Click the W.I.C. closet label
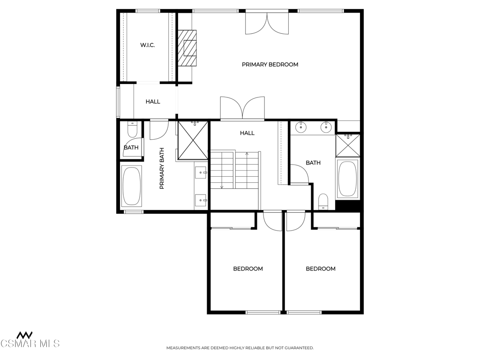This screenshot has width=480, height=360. point(147,45)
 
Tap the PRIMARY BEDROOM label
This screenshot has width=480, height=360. point(270,65)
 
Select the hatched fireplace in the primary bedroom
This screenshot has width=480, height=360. point(187,48)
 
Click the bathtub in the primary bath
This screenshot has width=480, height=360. point(132,186)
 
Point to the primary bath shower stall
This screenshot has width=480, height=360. point(193,141)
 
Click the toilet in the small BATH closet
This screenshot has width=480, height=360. point(132,130)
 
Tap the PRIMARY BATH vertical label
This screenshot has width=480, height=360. point(162,168)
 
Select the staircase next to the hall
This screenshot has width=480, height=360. point(235,170)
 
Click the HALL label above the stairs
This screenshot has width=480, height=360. point(247,133)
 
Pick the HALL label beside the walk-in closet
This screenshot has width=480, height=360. point(153,102)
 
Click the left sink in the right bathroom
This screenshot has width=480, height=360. point(301,127)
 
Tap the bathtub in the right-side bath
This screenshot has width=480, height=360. point(348,179)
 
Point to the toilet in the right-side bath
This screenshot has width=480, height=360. point(323,202)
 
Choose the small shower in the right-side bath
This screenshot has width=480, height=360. point(348,145)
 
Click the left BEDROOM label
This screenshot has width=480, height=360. point(248,269)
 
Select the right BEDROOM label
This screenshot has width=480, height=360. point(321,269)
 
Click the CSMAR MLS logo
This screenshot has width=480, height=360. point(30,340)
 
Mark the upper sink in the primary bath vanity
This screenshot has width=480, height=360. point(201,172)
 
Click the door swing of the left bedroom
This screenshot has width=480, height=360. point(272,221)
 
